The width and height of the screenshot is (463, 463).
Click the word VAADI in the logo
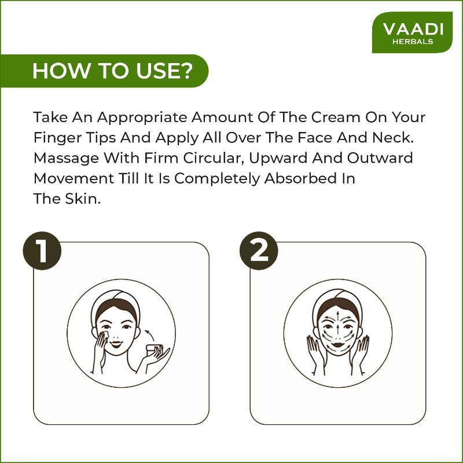(x=413, y=29)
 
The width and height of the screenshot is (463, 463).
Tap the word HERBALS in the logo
(x=413, y=42)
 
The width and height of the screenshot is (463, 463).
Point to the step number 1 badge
(x=42, y=251)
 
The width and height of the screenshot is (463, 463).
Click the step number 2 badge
(x=259, y=251)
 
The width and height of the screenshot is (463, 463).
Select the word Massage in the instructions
(x=66, y=159)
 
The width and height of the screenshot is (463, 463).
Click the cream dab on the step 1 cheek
(x=105, y=335)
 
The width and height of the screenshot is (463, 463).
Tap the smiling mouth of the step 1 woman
(x=116, y=344)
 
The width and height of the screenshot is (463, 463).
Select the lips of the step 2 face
(x=337, y=344)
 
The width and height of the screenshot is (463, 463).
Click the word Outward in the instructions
(x=380, y=158)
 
